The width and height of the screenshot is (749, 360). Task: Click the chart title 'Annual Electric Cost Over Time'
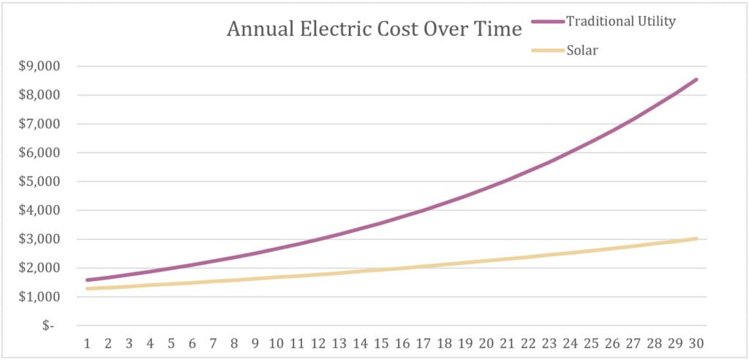pos(374,29)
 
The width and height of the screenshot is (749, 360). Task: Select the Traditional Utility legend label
pos(620,21)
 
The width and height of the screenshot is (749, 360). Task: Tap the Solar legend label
pos(582,50)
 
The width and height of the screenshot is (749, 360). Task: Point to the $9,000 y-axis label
pos(40,67)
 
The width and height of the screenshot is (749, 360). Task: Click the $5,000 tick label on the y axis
pos(40,181)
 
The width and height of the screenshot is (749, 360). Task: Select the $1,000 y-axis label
pos(40,297)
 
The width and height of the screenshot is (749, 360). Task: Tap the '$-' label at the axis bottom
pos(48,326)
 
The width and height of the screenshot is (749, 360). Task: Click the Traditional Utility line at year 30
pos(696,80)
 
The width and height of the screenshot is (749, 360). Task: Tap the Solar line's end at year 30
pos(696,239)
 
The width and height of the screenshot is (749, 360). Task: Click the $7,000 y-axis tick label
pos(40,124)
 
